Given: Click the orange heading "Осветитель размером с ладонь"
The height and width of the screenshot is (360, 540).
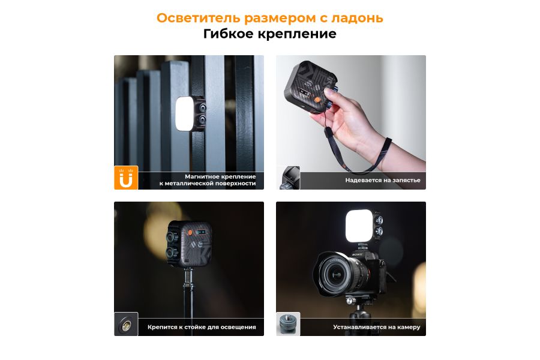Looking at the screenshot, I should tap(269, 18).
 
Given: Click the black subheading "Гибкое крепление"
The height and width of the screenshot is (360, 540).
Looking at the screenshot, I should tap(269, 34).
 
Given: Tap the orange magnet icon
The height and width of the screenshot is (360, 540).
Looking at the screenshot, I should tap(126, 178).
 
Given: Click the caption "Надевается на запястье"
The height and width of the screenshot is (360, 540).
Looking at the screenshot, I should tap(383, 180).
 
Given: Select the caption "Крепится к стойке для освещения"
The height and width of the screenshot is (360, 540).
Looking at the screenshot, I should tap(202, 327).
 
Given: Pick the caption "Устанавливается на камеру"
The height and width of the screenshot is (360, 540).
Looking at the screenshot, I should tap(377, 327).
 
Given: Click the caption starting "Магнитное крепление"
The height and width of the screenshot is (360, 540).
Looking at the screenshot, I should tap(208, 180).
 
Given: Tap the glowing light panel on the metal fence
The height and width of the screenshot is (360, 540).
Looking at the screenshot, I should tap(184, 112).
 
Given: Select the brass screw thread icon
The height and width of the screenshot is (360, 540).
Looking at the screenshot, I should tap(126, 325).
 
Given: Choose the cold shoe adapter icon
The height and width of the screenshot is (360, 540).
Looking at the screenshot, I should tap(288, 325).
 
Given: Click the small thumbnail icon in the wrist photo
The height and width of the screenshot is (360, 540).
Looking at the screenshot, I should tap(288, 178).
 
